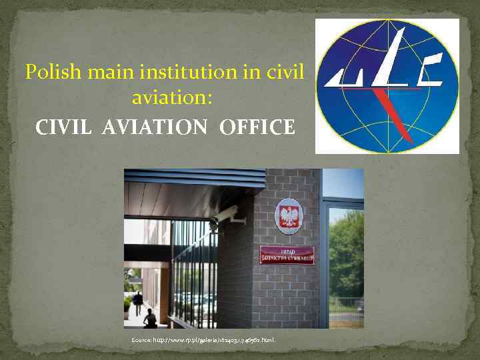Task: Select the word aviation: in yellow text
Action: pos(172,98)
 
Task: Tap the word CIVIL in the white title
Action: pos(65,127)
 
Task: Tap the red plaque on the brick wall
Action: pos(287,255)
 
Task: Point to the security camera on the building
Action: pos(226,215)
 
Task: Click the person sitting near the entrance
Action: pos(150,319)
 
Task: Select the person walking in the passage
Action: pos(138,303)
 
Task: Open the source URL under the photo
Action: pos(214,341)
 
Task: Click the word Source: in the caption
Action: pos(141,341)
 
